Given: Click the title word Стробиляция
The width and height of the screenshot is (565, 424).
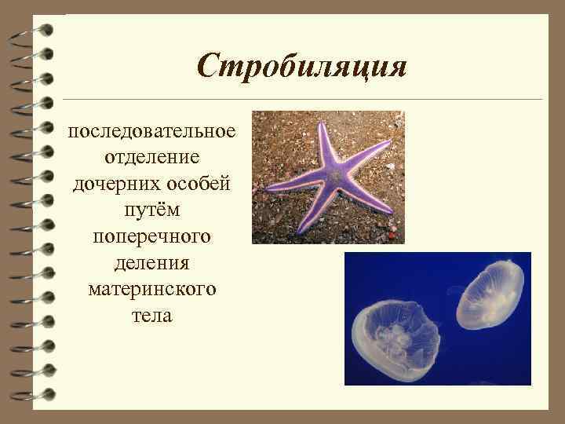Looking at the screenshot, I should (302, 65).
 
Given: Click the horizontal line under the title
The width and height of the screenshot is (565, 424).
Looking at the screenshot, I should (302, 99).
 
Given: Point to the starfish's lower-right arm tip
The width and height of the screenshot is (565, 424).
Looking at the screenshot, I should (390, 211).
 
